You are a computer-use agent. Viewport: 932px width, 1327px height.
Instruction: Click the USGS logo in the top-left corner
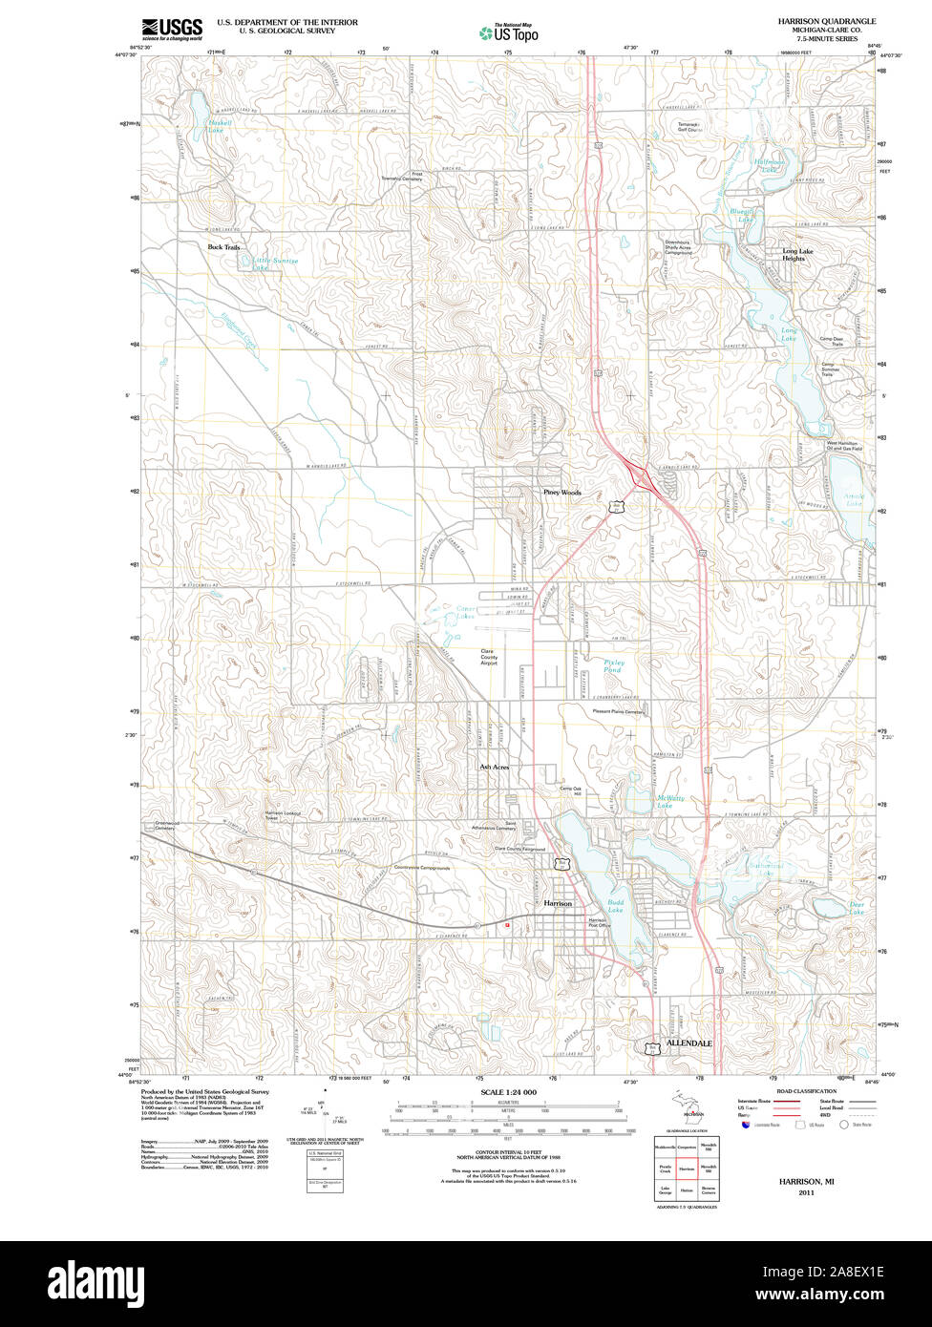coord(172,29)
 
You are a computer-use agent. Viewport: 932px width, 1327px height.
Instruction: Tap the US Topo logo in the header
coord(509,32)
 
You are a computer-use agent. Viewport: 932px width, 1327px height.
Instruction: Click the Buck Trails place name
coord(224,246)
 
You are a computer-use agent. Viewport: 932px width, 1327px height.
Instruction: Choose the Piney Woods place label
coord(561,493)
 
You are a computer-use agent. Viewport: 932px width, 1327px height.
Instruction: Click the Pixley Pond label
coord(613,665)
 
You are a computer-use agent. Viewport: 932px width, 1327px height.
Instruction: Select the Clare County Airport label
coord(489,657)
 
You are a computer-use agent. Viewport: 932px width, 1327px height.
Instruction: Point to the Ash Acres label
coord(494,767)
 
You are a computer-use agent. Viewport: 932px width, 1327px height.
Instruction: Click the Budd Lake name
coord(615,906)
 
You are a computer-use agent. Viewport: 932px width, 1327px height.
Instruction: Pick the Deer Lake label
coord(857,909)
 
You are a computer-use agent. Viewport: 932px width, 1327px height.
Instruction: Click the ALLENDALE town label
coord(689,1043)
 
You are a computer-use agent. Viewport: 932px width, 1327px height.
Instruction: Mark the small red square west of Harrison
coord(508,924)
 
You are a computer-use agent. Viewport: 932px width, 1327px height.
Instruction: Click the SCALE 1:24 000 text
coord(508,1092)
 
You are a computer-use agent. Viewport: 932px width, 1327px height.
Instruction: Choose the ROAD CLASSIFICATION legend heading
coord(806,1091)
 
